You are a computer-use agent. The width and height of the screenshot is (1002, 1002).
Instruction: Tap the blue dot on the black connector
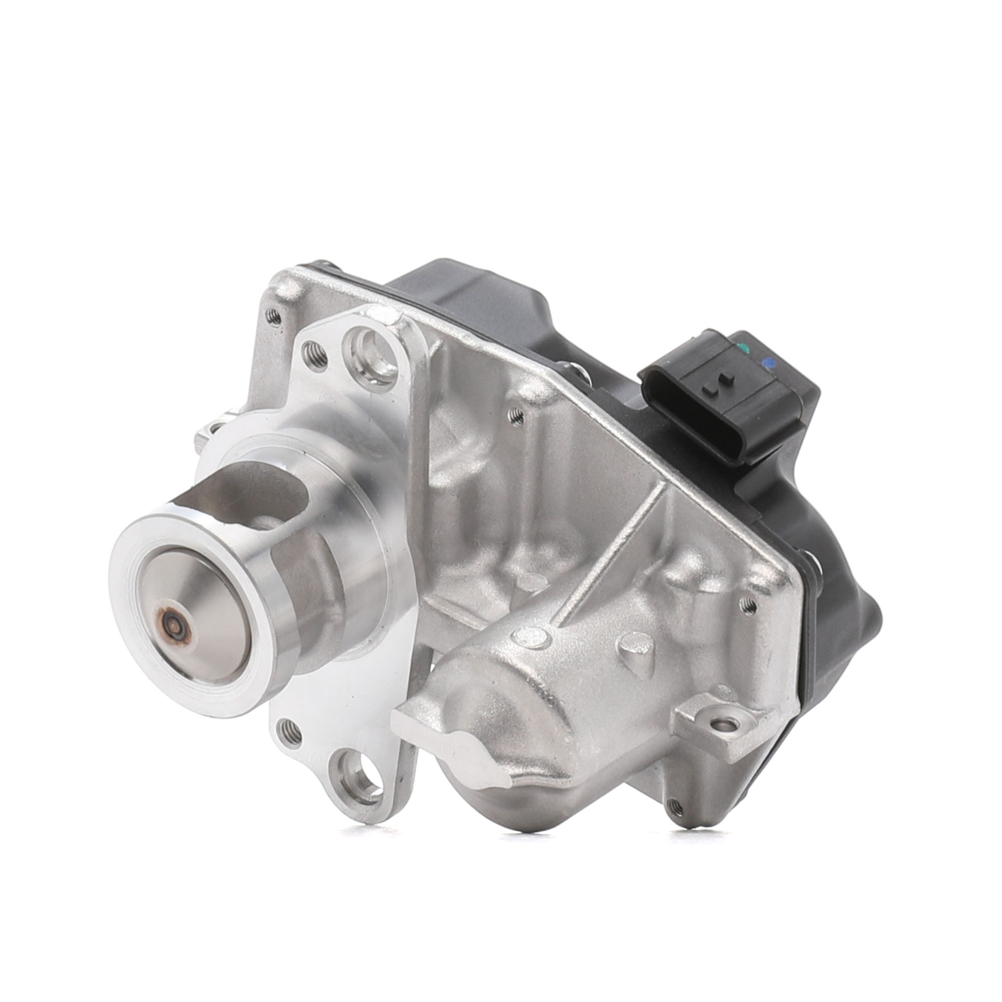coord(769,362)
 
